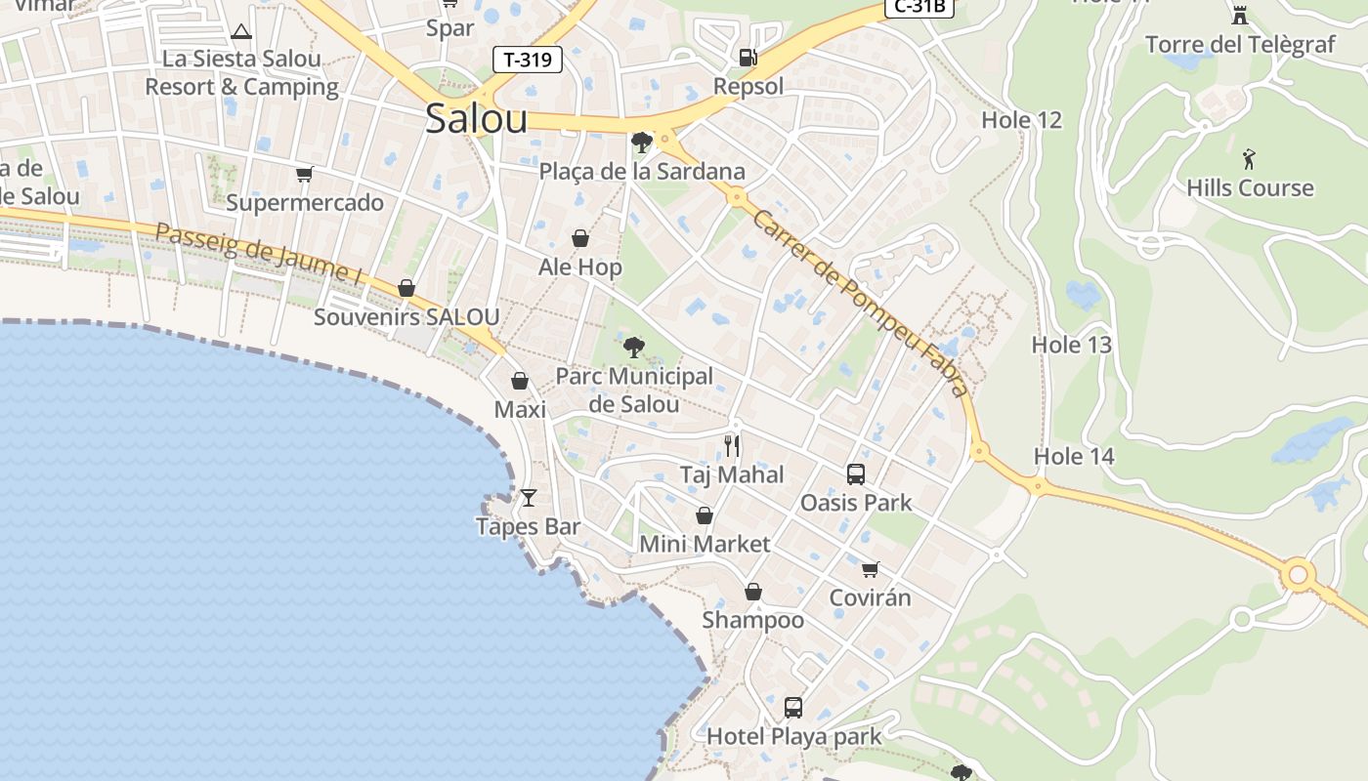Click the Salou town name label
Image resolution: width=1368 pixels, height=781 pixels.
click(476, 119)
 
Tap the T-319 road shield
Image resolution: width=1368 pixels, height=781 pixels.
click(527, 60)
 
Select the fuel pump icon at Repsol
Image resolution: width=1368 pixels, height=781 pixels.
click(748, 58)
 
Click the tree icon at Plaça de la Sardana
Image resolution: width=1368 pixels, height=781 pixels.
click(641, 143)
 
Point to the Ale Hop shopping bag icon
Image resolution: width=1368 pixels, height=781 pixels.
click(580, 238)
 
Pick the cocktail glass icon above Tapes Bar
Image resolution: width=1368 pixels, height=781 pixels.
click(529, 498)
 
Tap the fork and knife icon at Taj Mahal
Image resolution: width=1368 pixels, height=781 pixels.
click(732, 446)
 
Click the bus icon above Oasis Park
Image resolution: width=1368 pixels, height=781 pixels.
click(856, 474)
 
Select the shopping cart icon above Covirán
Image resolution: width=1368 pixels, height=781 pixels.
click(870, 569)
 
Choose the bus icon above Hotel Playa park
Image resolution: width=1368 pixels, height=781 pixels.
click(793, 707)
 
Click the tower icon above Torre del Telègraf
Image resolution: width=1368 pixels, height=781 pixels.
click(1240, 15)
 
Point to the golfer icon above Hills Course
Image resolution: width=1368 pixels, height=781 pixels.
click(1249, 159)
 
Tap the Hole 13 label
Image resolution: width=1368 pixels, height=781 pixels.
click(1072, 345)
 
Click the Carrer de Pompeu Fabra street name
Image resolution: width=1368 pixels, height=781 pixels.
click(860, 303)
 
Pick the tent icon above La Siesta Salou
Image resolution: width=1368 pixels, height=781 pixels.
click(241, 31)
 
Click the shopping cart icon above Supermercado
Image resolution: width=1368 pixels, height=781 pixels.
click(305, 175)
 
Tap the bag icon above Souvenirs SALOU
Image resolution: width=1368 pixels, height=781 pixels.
click(406, 288)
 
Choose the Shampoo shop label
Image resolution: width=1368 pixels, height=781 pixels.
click(752, 620)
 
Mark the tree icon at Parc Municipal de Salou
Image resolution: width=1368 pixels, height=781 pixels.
click(633, 347)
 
